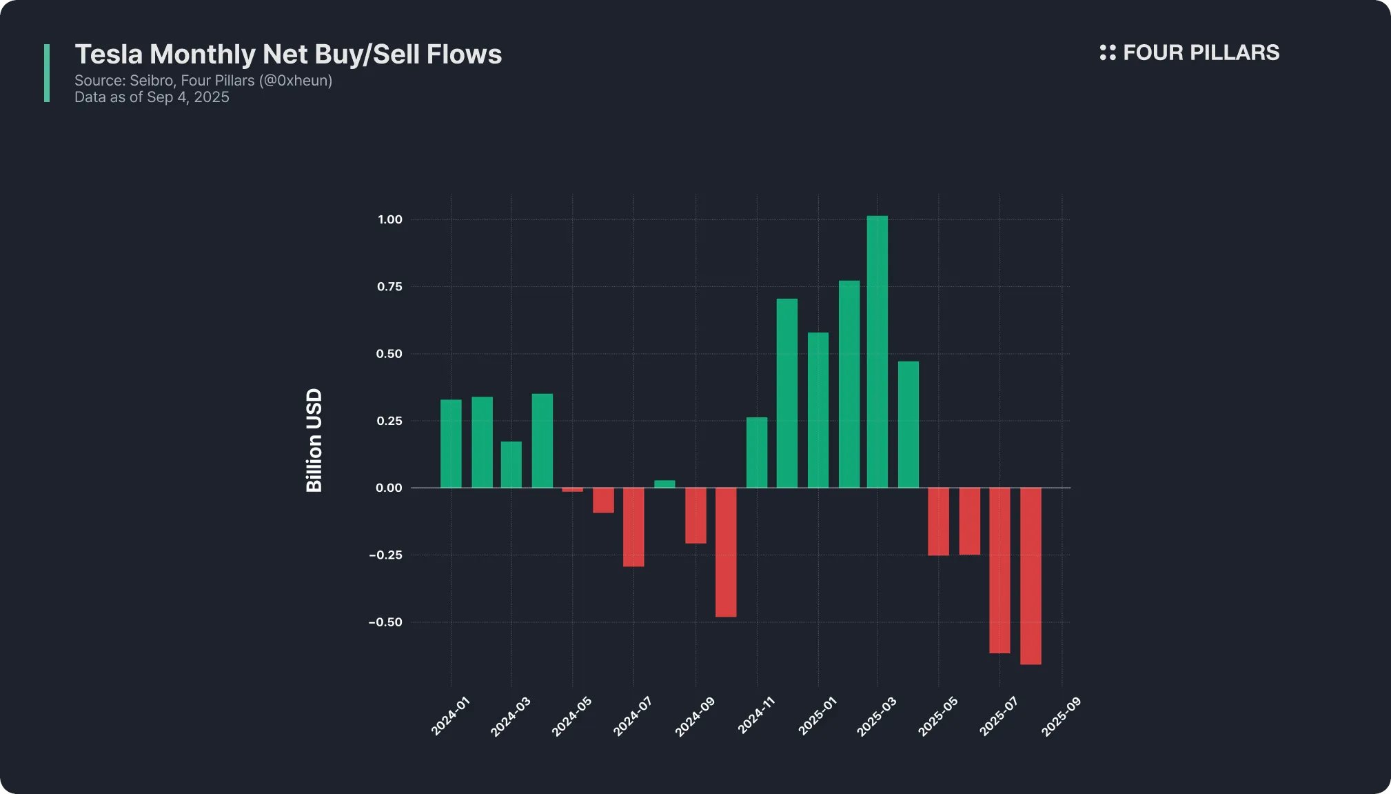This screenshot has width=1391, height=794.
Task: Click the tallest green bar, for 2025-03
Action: pyautogui.click(x=877, y=352)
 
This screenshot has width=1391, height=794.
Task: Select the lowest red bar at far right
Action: pyautogui.click(x=1030, y=576)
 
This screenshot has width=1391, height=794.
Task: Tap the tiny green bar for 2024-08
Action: pyautogui.click(x=664, y=484)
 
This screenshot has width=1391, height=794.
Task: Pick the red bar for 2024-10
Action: pyautogui.click(x=726, y=552)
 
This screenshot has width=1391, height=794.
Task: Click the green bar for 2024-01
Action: pyautogui.click(x=451, y=444)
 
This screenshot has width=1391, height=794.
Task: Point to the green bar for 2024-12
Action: pyautogui.click(x=787, y=393)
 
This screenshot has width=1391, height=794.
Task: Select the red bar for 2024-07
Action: pyautogui.click(x=633, y=527)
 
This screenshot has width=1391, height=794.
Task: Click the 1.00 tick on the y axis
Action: pyautogui.click(x=390, y=219)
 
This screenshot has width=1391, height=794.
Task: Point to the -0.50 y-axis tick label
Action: pyautogui.click(x=386, y=622)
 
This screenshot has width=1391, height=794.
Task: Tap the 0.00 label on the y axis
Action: pyautogui.click(x=389, y=488)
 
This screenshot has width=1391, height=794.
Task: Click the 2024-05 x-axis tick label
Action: pyautogui.click(x=572, y=717)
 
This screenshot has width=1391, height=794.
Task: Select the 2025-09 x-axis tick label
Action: pyautogui.click(x=1061, y=717)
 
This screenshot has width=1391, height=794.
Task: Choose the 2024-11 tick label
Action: pyautogui.click(x=756, y=717)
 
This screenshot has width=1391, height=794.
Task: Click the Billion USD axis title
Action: pyautogui.click(x=314, y=440)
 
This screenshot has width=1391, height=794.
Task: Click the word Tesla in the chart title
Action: pyautogui.click(x=109, y=54)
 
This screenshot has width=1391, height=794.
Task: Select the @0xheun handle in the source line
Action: pyautogui.click(x=296, y=81)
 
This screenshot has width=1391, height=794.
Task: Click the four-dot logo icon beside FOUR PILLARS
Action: pyautogui.click(x=1108, y=52)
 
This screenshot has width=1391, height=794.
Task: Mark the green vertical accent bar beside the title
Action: pyautogui.click(x=47, y=73)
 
